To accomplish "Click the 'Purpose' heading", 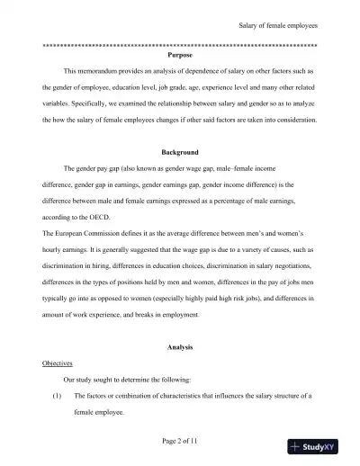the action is point(180,55).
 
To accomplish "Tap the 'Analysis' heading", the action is point(180,346).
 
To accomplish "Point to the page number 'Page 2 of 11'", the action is point(180,442).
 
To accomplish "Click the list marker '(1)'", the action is point(56,396).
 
